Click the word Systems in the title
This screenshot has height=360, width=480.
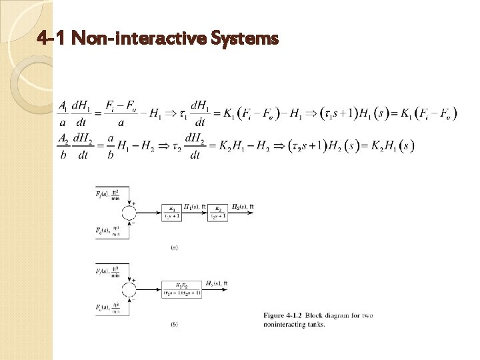click(x=243, y=39)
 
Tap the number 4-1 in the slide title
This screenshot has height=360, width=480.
click(x=52, y=39)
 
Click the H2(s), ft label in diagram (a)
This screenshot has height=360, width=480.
click(x=242, y=207)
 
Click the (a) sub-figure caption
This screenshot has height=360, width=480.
click(x=175, y=248)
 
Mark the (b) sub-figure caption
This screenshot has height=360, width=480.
click(x=175, y=325)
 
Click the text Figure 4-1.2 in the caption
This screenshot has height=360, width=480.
click(x=285, y=315)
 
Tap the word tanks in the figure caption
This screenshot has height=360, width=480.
click(x=314, y=324)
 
